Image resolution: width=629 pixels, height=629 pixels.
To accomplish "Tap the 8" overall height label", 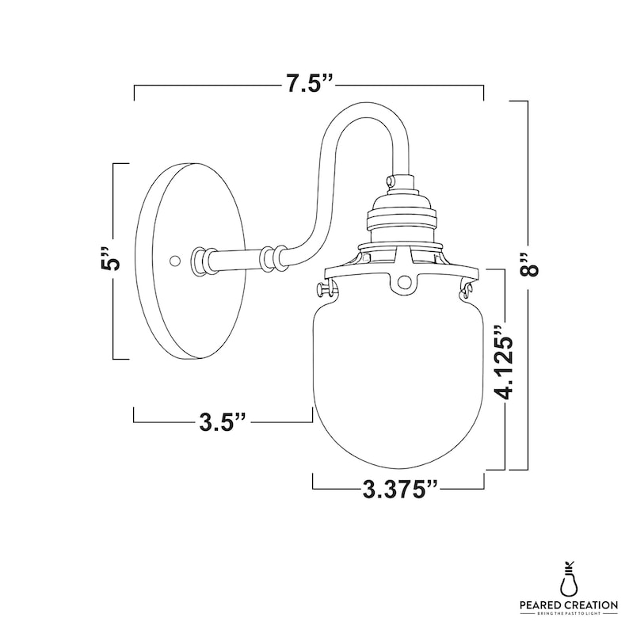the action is [528, 265].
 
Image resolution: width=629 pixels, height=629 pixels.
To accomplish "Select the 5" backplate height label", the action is [109, 261].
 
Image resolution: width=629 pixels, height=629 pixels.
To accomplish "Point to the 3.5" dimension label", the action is [223, 421].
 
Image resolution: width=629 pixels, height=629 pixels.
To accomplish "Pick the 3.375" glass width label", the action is [399, 489].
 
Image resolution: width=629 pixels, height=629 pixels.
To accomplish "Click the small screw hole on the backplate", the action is [174, 261].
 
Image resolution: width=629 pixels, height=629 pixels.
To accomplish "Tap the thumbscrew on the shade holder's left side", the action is [325, 289].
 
